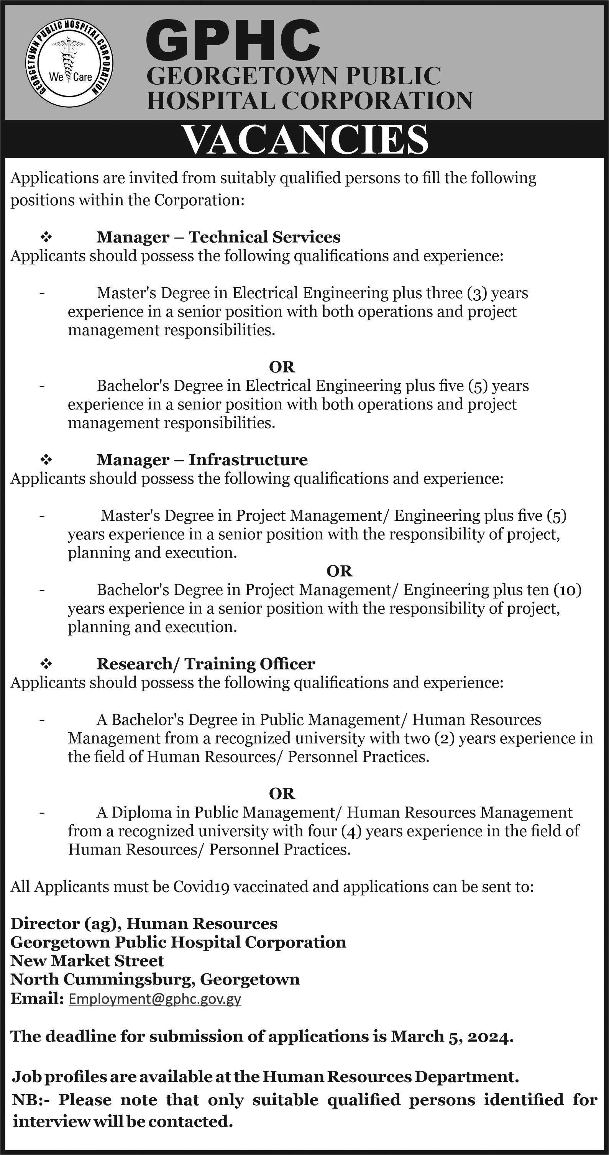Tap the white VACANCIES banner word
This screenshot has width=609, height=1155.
click(306, 140)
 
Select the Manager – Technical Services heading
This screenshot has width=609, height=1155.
click(218, 237)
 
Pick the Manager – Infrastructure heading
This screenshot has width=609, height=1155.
click(202, 459)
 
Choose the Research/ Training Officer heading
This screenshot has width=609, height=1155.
click(206, 664)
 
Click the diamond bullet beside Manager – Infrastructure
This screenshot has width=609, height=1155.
click(46, 459)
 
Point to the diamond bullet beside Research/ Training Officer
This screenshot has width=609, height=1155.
click(46, 664)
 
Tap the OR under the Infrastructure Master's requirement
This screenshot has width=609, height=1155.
click(340, 571)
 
